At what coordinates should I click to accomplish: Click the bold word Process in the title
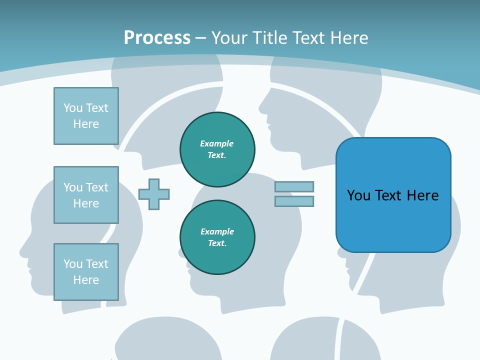tap(157, 38)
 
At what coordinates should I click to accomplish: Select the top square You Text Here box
tap(86, 116)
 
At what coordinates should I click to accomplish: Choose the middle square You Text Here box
tap(86, 195)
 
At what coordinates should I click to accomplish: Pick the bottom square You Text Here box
tap(86, 272)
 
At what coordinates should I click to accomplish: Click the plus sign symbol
tap(154, 194)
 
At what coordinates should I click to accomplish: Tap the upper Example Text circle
tap(217, 149)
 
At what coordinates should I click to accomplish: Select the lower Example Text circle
tap(217, 237)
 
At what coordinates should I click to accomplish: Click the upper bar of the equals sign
tap(294, 186)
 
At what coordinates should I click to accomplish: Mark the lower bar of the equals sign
tap(294, 201)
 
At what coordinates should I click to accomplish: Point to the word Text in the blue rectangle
tap(389, 195)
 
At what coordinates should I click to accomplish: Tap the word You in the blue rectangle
tap(359, 195)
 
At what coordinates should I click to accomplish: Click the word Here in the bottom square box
tap(86, 280)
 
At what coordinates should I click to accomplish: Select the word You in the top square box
tap(73, 108)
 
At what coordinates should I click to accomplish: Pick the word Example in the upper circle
tap(217, 143)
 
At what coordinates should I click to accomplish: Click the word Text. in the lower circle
tap(217, 243)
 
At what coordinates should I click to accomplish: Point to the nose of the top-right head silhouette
tap(260, 105)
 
